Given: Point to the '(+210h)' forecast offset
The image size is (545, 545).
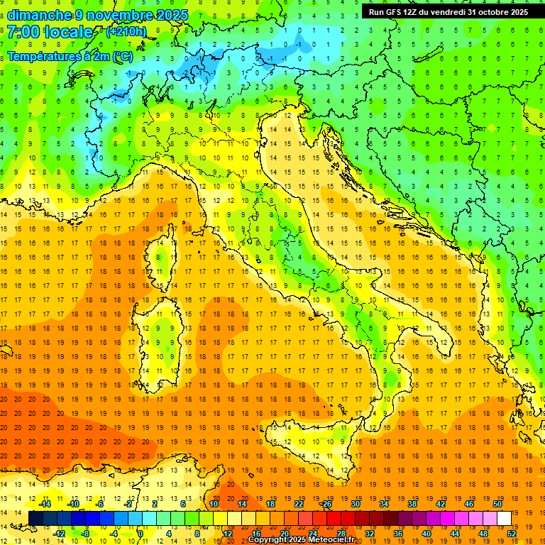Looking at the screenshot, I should tap(126, 32).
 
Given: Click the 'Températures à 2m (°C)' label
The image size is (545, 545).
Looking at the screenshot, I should tap(70, 56).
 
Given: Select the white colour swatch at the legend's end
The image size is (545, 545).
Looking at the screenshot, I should tap(504, 518).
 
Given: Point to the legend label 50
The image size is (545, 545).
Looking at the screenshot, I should tap(497, 504).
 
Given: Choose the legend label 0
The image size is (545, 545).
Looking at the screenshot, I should tap(141, 533).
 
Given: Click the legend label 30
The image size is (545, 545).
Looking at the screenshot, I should tap(356, 504).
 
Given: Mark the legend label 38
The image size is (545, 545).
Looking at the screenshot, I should tap(412, 504).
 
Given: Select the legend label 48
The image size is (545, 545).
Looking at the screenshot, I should tap(484, 533).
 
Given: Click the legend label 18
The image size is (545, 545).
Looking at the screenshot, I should tap(270, 504).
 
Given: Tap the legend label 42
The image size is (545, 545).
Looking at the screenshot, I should tap(441, 504).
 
